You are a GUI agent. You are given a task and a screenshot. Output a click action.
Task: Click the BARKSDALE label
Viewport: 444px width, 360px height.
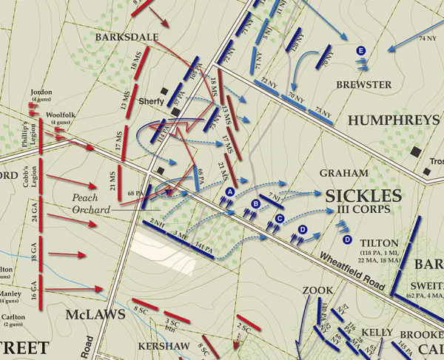118,36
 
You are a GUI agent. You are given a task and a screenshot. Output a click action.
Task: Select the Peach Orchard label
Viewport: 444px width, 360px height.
90,204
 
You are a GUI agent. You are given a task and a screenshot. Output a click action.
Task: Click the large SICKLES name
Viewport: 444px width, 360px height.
363,195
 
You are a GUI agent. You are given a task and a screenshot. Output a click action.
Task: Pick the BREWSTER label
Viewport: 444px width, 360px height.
363,85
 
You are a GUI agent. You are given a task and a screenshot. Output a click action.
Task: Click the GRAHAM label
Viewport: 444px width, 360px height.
344,173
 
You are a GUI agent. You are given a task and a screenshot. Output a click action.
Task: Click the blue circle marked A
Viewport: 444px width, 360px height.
229,192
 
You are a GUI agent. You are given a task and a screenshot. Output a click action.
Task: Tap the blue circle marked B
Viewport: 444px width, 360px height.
256,204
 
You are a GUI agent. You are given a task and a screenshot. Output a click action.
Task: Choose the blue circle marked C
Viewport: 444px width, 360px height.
280,218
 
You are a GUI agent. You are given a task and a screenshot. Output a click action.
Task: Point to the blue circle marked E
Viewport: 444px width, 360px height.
360,50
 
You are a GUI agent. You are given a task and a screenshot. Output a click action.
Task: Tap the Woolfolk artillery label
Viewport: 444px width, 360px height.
55,115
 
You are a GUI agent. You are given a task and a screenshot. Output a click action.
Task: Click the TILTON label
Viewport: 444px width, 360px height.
380,242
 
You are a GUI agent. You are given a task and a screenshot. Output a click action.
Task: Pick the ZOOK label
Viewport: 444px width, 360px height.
318,291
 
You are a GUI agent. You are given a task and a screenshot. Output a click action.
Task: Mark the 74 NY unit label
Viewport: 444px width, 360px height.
427,38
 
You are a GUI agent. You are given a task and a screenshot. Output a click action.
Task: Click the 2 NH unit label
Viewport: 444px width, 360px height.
155,223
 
